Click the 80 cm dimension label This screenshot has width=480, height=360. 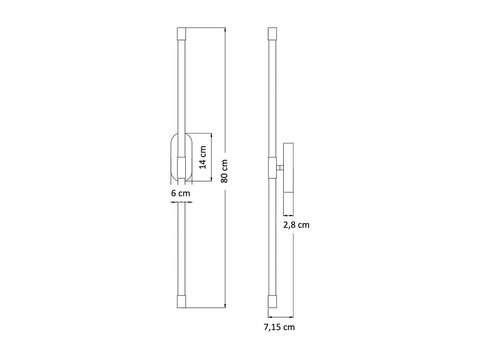click(x=224, y=171)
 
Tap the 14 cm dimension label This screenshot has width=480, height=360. click(x=203, y=157)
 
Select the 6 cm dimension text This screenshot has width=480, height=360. click(x=180, y=193)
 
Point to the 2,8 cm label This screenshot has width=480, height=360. click(x=296, y=225)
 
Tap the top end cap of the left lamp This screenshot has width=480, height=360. click(x=181, y=34)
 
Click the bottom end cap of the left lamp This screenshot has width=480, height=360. click(x=181, y=302)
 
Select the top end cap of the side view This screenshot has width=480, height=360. click(x=272, y=34)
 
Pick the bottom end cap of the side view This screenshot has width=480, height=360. click(x=272, y=302)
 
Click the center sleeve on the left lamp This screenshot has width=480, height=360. click(x=181, y=168)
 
